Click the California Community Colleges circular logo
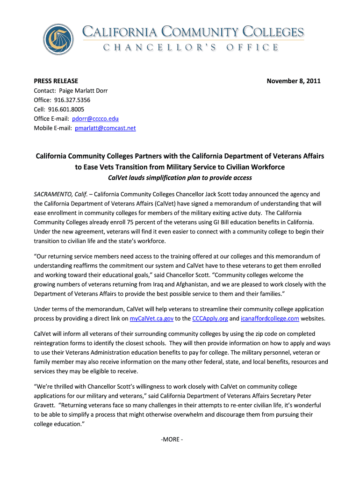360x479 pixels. click(x=58, y=39)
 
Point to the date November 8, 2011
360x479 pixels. click(x=294, y=81)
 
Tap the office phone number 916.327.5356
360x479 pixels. click(x=72, y=100)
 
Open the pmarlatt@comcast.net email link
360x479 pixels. click(x=105, y=128)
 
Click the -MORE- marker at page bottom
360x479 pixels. click(x=171, y=439)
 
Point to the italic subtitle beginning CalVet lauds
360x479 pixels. click(x=180, y=177)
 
